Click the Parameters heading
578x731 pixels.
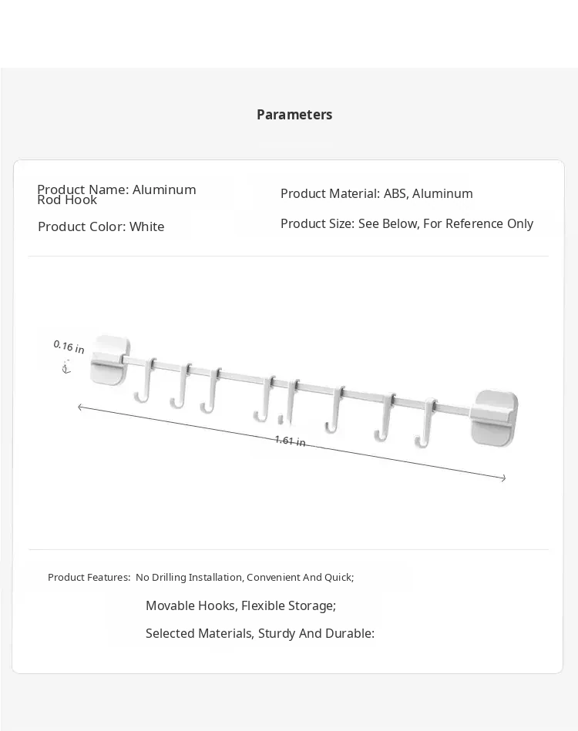pos(294,115)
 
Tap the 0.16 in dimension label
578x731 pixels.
pos(69,347)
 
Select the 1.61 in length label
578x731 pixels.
pos(290,441)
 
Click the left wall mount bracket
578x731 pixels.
pos(109,359)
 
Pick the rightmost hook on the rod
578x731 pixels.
pos(425,424)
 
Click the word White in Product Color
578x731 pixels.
pos(146,226)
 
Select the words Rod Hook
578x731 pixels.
pos(67,200)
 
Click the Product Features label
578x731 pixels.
pos(89,577)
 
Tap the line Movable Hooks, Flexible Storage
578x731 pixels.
pos(240,605)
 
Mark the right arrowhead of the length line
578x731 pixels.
pos(503,478)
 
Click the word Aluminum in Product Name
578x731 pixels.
pos(164,189)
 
